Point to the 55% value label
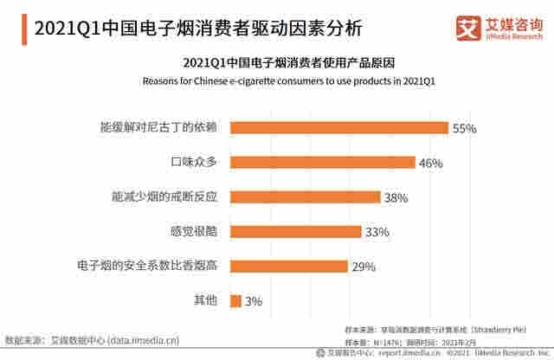coord(464,128)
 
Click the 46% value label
coord(431,163)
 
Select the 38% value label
coord(396,197)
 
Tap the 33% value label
coord(377,232)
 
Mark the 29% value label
coord(363,267)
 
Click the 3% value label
coord(253,301)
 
